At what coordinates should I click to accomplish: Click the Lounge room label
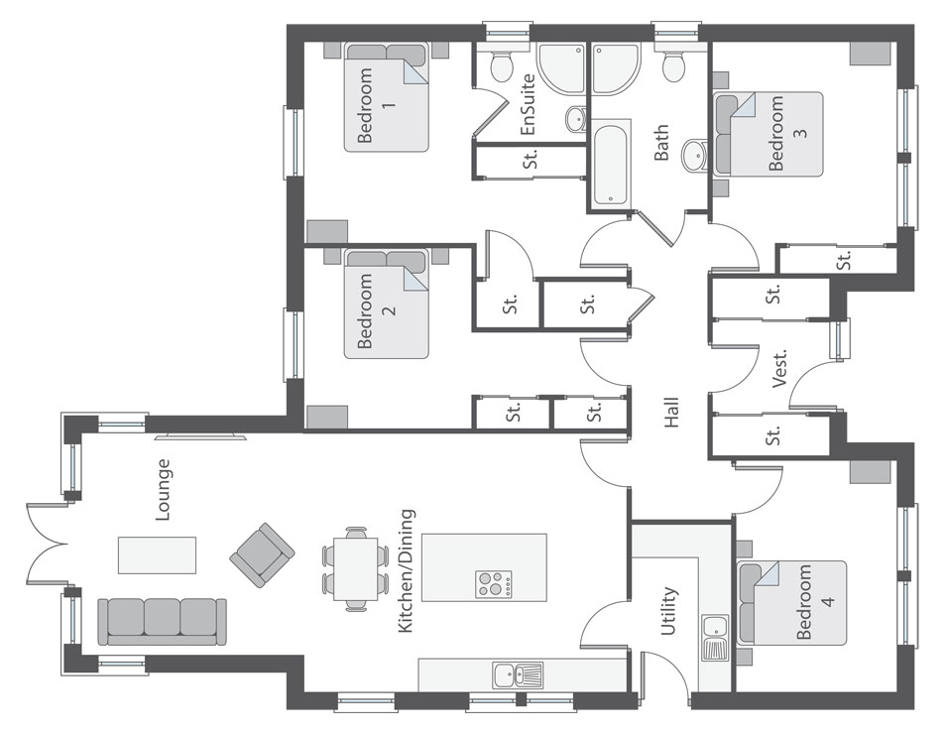coord(164,489)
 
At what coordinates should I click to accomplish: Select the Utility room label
coord(669,611)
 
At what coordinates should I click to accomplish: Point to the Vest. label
coord(779,367)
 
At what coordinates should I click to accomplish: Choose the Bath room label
coord(661,142)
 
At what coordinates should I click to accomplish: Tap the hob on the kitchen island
coord(493,583)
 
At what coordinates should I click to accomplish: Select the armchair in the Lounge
coord(263,551)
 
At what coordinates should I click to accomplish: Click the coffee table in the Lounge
coord(157,554)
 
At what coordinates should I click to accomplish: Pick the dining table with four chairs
coord(354,567)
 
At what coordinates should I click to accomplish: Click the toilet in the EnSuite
coord(501,66)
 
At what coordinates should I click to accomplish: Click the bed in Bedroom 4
coord(791,603)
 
